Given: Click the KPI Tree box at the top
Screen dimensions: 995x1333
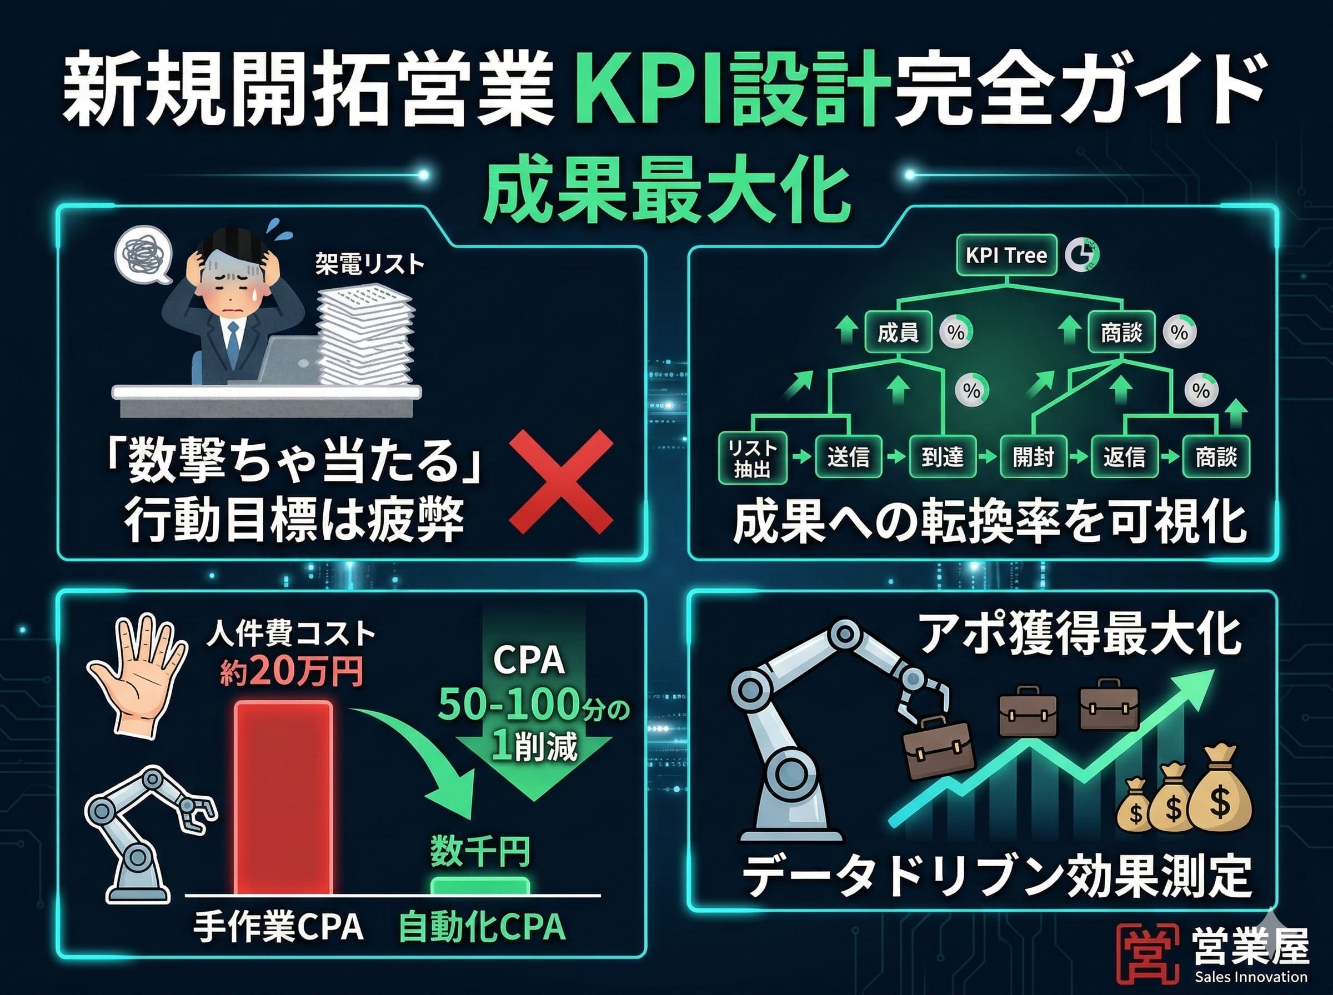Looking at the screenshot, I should click(1006, 255).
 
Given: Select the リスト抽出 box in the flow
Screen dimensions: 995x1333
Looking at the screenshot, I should click(753, 458).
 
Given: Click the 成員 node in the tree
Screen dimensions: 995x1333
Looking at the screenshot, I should click(898, 332).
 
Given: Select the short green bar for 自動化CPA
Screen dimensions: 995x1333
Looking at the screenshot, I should click(480, 886).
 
